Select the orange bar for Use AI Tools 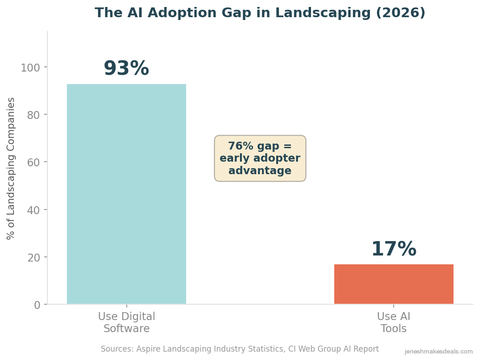[394, 284]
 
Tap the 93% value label [126, 69]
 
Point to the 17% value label [394, 249]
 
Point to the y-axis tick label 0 [37, 305]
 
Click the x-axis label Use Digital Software [126, 323]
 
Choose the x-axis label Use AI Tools [394, 323]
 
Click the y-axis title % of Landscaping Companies [11, 168]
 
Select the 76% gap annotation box [260, 158]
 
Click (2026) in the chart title [401, 13]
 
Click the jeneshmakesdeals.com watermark [439, 352]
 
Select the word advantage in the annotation [260, 171]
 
